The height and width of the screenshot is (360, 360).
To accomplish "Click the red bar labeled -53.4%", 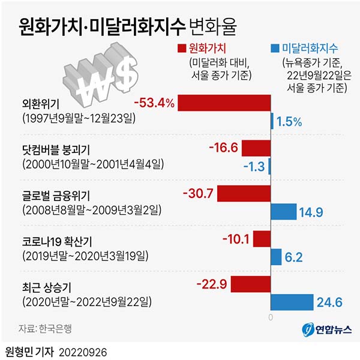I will pyautogui.click(x=224, y=103).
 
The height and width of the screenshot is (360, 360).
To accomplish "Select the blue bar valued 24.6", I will pyautogui.click(x=292, y=302).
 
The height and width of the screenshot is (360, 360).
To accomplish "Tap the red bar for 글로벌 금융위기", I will pyautogui.click(x=244, y=193).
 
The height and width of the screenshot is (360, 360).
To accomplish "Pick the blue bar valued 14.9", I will pyautogui.click(x=284, y=212).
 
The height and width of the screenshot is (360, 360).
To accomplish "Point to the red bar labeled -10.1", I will pyautogui.click(x=262, y=239).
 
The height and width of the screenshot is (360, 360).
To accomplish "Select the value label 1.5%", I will pyautogui.click(x=289, y=122).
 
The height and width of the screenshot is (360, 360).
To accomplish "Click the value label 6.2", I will pyautogui.click(x=295, y=257).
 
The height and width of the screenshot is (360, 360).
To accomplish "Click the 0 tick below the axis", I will pyautogui.click(x=271, y=316).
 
